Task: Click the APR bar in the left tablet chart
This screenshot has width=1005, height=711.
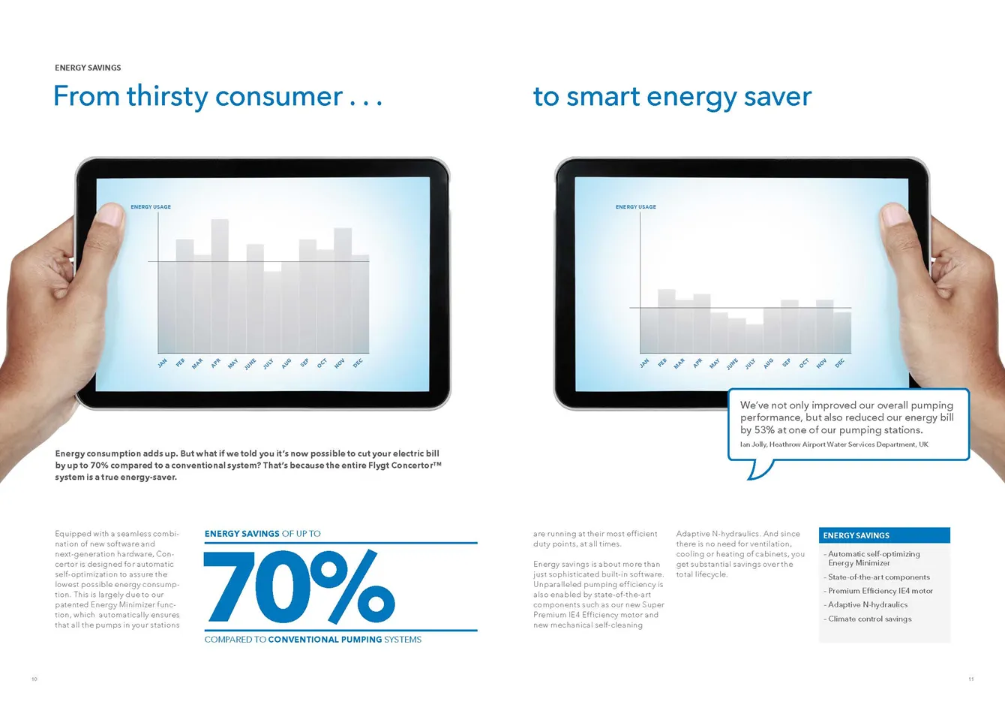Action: (x=220, y=286)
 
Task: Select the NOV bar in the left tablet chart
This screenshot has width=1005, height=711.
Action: (x=343, y=291)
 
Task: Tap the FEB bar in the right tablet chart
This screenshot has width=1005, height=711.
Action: (x=666, y=321)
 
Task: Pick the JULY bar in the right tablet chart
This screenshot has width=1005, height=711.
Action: (x=754, y=339)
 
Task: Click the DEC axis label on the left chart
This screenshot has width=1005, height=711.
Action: (x=357, y=363)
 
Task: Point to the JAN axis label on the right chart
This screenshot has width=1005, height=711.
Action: (x=644, y=363)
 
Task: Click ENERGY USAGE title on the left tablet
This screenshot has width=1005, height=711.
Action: (x=151, y=207)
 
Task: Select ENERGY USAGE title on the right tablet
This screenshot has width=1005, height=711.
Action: (x=636, y=207)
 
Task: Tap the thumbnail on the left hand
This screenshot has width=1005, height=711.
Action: (x=110, y=214)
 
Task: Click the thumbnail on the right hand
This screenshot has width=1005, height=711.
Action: (x=895, y=214)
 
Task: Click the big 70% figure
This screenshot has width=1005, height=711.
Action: (x=299, y=586)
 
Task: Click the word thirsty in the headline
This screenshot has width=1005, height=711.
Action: (x=167, y=97)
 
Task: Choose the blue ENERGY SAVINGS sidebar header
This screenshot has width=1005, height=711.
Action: (x=884, y=535)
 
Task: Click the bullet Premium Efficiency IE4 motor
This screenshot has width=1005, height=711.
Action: (x=880, y=591)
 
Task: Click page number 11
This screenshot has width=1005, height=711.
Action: (x=971, y=679)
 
